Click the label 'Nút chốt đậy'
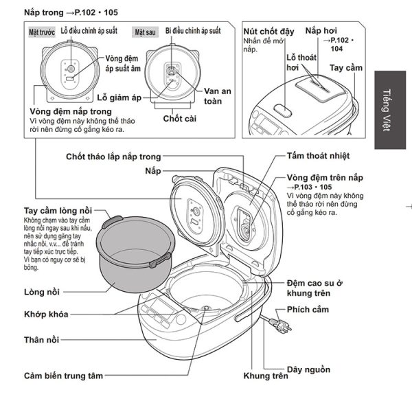tap(270, 32)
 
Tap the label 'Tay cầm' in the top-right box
tap(345, 69)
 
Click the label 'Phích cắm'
tap(308, 310)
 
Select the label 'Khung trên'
tap(265, 376)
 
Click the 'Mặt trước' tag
tap(43, 32)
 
